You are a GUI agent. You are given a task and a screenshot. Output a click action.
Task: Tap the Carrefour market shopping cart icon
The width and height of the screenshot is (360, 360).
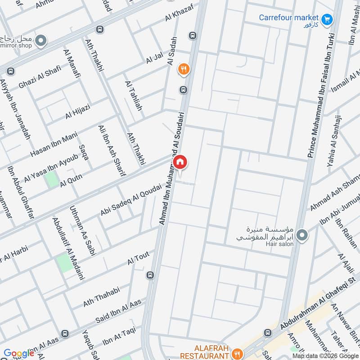pyautogui.click(x=327, y=19)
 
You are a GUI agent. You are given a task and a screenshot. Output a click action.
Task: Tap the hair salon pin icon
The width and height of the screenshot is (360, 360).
pyautogui.click(x=303, y=234)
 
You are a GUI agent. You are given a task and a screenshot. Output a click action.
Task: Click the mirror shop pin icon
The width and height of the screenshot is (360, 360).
pyautogui.click(x=41, y=41)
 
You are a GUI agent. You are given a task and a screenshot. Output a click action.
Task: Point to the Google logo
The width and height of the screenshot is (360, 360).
pyautogui.click(x=19, y=353)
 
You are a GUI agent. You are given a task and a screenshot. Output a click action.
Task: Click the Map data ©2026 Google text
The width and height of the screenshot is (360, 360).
pyautogui.click(x=326, y=355)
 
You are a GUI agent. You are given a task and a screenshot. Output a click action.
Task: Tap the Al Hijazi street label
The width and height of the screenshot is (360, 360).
pyautogui.click(x=78, y=111)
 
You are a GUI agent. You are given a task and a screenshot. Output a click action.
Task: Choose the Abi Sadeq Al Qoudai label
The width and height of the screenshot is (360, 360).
pyautogui.click(x=130, y=199)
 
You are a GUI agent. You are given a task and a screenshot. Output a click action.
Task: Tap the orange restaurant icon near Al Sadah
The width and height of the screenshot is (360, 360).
pyautogui.click(x=184, y=69)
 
